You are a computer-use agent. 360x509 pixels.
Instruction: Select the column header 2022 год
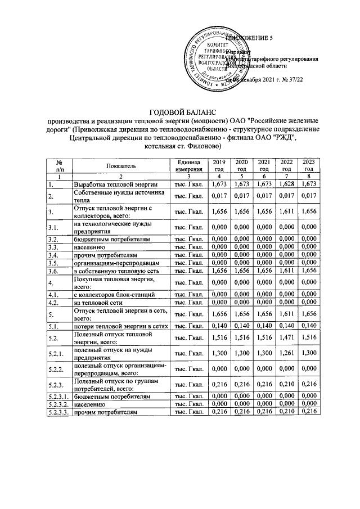tap(286, 165)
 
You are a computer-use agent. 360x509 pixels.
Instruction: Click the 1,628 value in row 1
tap(286, 184)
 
